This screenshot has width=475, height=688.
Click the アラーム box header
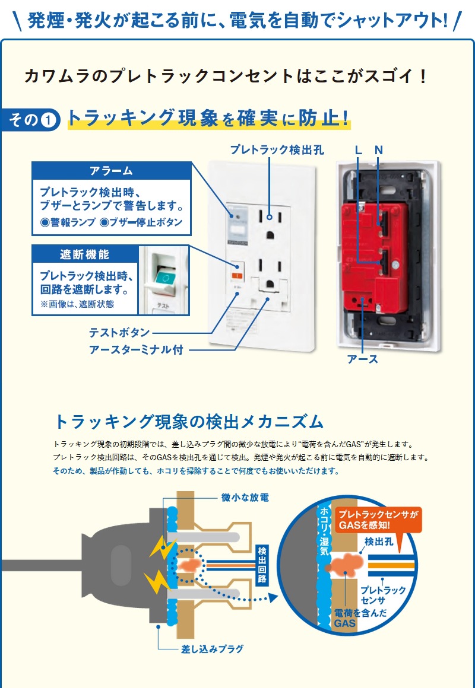click(111, 171)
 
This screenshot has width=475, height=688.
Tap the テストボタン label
click(119, 333)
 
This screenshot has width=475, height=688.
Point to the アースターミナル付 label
click(136, 350)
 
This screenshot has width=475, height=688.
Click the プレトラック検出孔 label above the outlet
click(277, 151)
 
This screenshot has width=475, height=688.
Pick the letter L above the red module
click(358, 151)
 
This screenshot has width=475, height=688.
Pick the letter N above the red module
click(379, 151)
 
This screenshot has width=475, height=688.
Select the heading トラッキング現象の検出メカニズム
click(189, 422)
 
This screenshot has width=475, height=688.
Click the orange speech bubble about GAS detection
click(378, 520)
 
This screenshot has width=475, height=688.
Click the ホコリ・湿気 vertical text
click(325, 530)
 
